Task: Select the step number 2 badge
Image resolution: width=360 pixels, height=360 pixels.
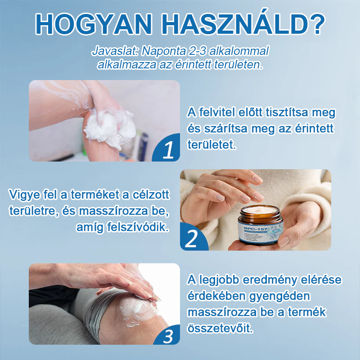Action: (191, 239)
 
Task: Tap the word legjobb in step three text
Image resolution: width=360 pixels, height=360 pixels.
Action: (217, 280)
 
